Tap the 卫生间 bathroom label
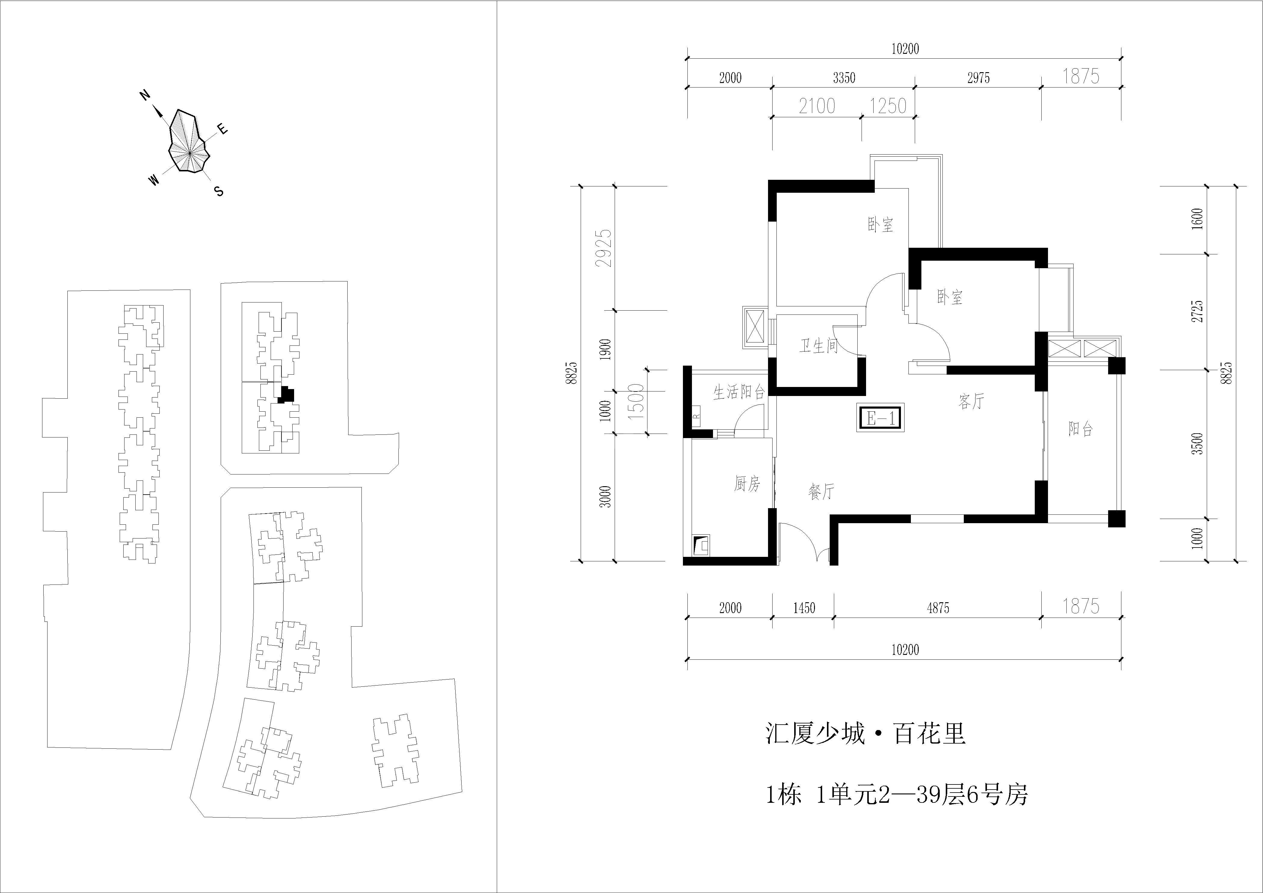tap(818, 346)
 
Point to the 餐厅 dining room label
tap(821, 491)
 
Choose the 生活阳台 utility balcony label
tap(739, 392)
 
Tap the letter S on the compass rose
tap(219, 191)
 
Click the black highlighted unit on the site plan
tap(286, 394)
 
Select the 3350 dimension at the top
tap(844, 78)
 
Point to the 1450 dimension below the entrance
tap(804, 608)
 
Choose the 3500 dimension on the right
tap(1199, 444)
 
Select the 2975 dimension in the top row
tap(979, 78)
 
